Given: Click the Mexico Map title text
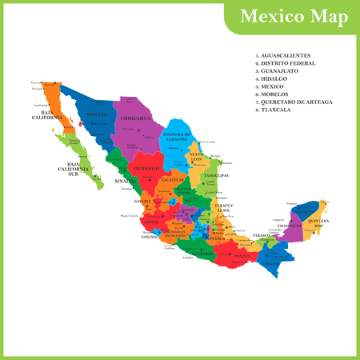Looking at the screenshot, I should (x=290, y=17).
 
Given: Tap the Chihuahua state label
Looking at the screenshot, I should (x=136, y=118).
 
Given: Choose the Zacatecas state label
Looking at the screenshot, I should (x=172, y=180).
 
